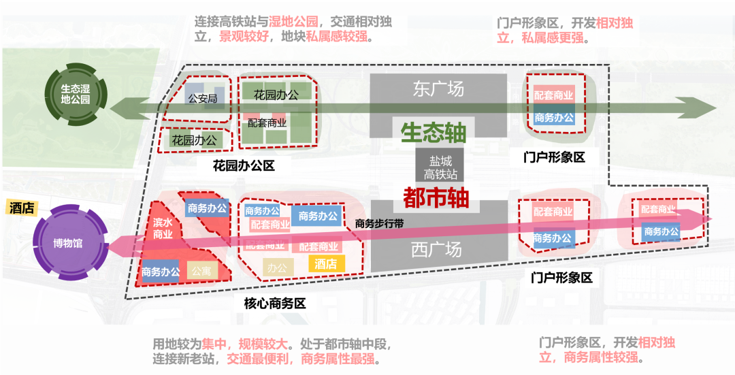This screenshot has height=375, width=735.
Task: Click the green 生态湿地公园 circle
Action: pyautogui.click(x=75, y=94)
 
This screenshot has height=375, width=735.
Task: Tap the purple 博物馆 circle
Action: pyautogui.click(x=68, y=243)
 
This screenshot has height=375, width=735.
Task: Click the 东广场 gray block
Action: pyautogui.click(x=438, y=89)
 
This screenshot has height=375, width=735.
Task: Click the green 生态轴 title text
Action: pyautogui.click(x=434, y=133)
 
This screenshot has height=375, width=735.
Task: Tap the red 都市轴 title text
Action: pyautogui.click(x=436, y=198)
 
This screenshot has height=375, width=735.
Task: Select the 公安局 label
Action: pyautogui.click(x=202, y=99)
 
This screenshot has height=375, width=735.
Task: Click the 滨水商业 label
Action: pyautogui.click(x=162, y=229)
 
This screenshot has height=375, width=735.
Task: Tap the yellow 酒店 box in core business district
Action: pyautogui.click(x=326, y=263)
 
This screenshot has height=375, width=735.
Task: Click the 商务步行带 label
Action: pyautogui.click(x=379, y=223)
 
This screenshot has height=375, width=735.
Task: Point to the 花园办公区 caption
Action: pyautogui.click(x=243, y=165)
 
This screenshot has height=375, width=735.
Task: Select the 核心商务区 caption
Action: pyautogui.click(x=275, y=304)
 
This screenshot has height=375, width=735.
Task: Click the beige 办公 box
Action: pyautogui.click(x=276, y=267)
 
